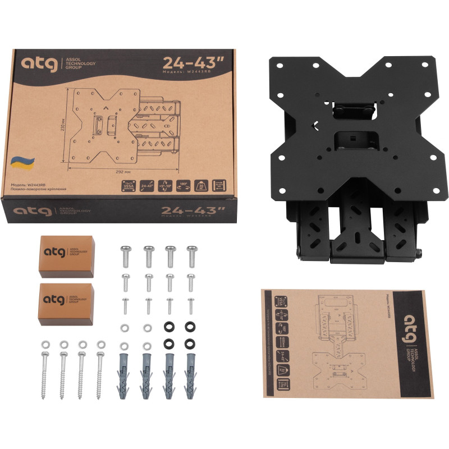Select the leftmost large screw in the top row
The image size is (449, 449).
pyautogui.click(x=125, y=256)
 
